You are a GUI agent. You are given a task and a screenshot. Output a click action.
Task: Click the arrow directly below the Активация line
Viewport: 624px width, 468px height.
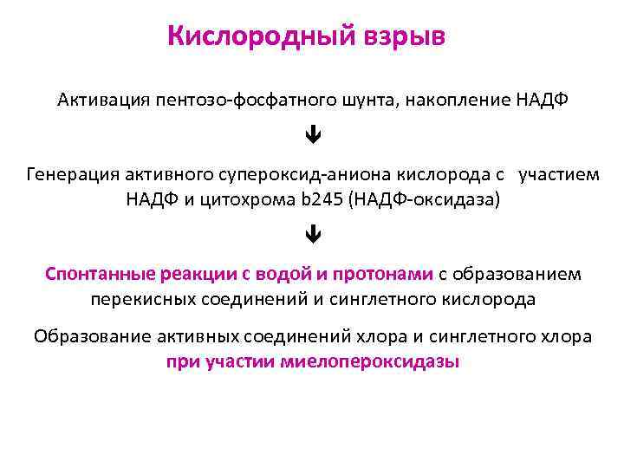[x=312, y=136]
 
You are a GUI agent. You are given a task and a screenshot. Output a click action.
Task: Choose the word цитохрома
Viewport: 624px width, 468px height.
[x=245, y=199]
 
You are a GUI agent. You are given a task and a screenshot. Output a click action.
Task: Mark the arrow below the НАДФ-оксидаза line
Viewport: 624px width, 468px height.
[x=312, y=234]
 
